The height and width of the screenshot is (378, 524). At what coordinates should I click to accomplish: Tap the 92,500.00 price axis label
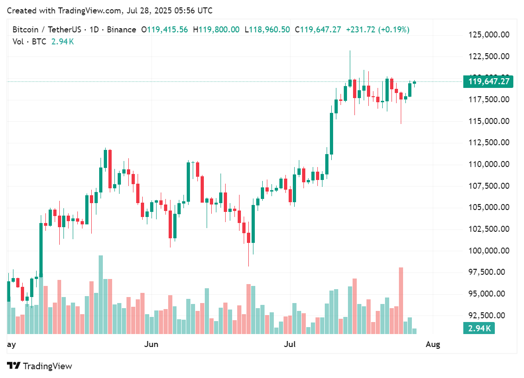(x=487, y=315)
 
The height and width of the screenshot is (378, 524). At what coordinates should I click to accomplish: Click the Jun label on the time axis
(x=152, y=344)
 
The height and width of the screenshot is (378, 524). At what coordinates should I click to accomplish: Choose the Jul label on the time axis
(x=290, y=344)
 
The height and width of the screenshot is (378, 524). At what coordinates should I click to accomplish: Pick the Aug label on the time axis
(x=433, y=344)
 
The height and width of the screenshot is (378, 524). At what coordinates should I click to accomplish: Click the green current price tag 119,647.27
(x=489, y=82)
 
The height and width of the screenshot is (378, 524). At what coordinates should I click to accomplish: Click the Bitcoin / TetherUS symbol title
(x=47, y=30)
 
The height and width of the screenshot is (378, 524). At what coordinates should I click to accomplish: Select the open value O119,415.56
(x=164, y=30)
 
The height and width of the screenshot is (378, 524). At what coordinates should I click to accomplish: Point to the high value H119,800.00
(x=216, y=30)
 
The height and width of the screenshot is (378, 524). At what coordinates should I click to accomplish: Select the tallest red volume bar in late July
(x=401, y=301)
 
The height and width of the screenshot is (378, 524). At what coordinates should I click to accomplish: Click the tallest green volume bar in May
(x=101, y=294)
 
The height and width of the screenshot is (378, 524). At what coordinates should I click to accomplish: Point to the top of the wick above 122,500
(x=350, y=51)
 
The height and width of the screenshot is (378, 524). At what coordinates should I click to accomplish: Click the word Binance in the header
(x=121, y=30)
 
